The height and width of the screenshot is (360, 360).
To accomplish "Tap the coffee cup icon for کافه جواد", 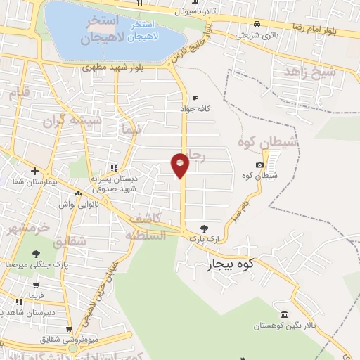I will coord(195,98).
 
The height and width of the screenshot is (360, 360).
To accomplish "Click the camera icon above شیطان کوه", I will coord(259,165).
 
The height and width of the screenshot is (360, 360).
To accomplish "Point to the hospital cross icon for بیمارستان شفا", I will coord(34,171).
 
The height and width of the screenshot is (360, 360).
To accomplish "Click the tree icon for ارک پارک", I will coord(204,228).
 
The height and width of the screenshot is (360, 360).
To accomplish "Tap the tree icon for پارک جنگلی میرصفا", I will coord(35,254).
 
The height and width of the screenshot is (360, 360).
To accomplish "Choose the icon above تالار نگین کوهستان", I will coord(283,314).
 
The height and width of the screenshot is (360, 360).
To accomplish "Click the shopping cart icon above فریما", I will coord(34,285).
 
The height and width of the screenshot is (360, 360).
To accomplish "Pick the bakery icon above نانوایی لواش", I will coord(78,193).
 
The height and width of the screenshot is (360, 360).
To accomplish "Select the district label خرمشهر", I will coord(29,229).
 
